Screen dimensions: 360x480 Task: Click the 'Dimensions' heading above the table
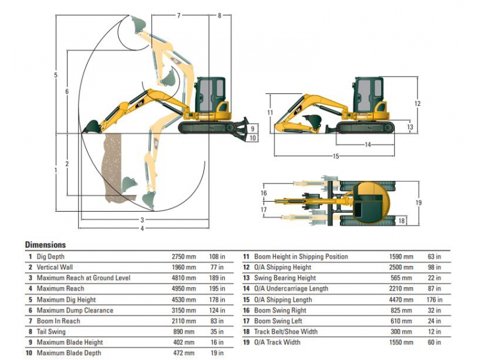point(45,245)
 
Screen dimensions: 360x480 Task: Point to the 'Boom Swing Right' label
point(280,311)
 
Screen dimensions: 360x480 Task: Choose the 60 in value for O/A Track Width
point(434,342)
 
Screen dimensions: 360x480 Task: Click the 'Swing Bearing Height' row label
point(285,278)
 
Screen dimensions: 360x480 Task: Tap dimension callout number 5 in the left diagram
point(56,76)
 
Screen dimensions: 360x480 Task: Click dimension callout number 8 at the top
point(219,15)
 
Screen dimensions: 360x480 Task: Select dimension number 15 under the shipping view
point(335,156)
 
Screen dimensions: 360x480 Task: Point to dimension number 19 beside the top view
point(419,203)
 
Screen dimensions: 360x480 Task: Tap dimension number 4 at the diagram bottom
point(142,229)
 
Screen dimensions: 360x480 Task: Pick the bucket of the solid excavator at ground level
point(91,127)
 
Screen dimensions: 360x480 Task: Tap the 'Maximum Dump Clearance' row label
point(74,311)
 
